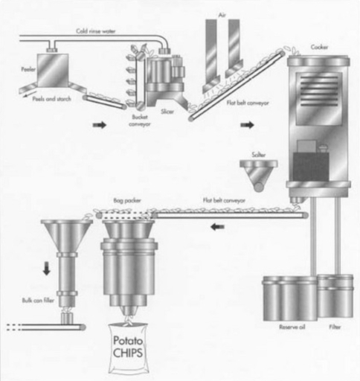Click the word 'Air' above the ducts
coord(222,7)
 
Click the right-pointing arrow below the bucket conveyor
coord(98,126)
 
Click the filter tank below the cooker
coord(335,295)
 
